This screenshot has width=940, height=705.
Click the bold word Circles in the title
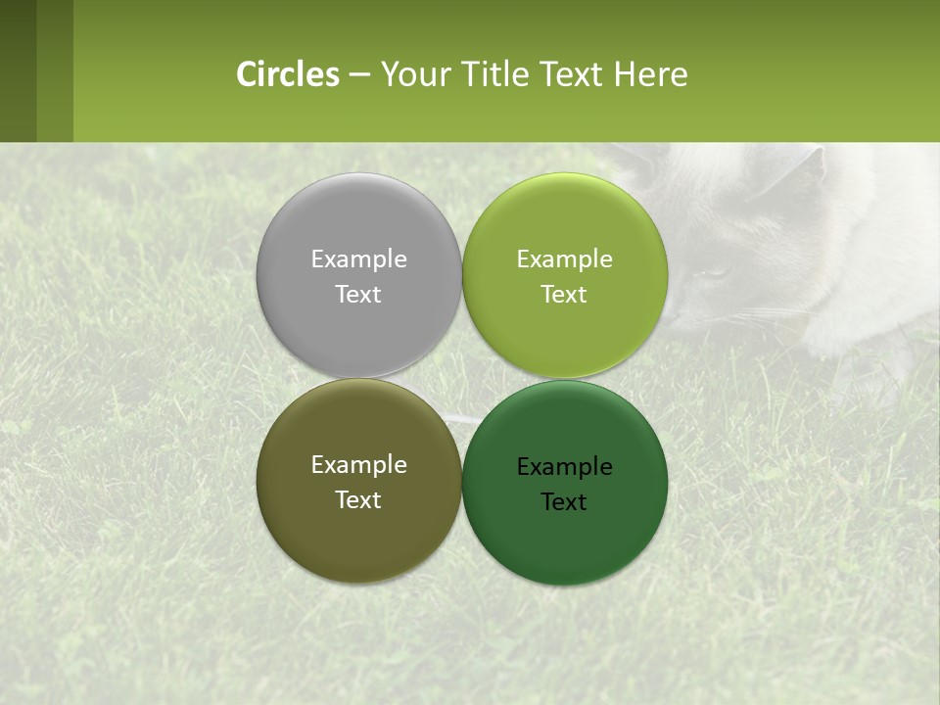coord(287,74)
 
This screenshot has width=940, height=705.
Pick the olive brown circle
coord(358,539)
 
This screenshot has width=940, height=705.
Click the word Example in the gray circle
coord(358,259)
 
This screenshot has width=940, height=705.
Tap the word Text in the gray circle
coord(358,295)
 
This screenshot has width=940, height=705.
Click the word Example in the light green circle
coord(565,259)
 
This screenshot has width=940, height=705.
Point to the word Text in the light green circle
coord(565,295)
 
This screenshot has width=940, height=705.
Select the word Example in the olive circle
coord(358,465)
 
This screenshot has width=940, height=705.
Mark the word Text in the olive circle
coord(358,500)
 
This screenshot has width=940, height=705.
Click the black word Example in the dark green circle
coord(565,467)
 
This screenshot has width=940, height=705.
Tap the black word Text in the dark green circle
coord(565,502)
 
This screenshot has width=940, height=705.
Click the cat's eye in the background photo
coord(715,273)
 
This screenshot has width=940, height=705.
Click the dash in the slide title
coord(359,75)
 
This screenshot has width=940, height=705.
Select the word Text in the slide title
coord(573,74)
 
